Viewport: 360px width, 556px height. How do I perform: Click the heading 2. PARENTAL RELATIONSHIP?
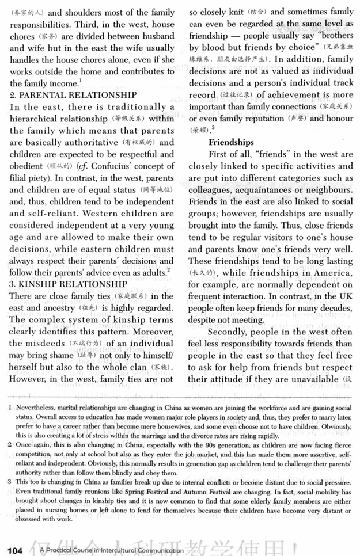73,94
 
